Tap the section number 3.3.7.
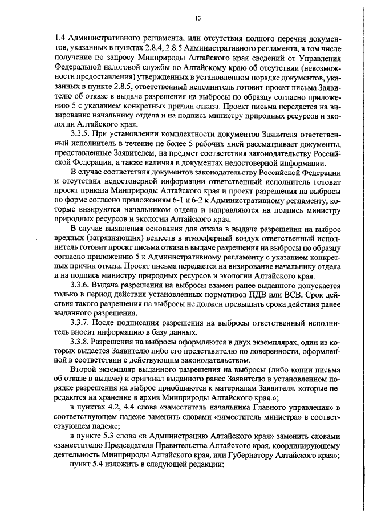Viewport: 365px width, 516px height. (x=79, y=323)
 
